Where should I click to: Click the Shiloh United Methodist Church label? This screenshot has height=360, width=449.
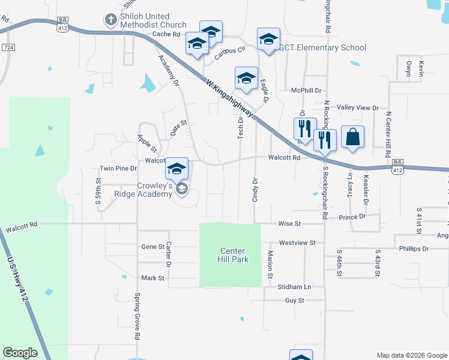(x=145, y=20)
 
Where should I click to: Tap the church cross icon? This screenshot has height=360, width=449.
(x=110, y=20)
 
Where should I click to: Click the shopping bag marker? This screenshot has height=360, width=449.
(x=352, y=137)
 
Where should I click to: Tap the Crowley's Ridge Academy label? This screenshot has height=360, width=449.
(x=146, y=191)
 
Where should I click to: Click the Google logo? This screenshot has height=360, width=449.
(x=20, y=353)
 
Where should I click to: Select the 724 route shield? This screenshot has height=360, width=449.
(x=8, y=47)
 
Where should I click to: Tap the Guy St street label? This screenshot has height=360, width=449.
(x=295, y=300)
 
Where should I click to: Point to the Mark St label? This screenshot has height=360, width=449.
(x=152, y=278)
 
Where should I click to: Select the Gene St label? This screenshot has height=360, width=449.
(x=152, y=247)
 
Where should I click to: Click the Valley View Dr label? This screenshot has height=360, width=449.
(x=358, y=108)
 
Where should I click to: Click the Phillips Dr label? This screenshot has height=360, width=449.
(x=413, y=248)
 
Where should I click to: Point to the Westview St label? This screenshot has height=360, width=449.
(x=297, y=243)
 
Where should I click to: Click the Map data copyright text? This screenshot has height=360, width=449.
(x=412, y=355)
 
